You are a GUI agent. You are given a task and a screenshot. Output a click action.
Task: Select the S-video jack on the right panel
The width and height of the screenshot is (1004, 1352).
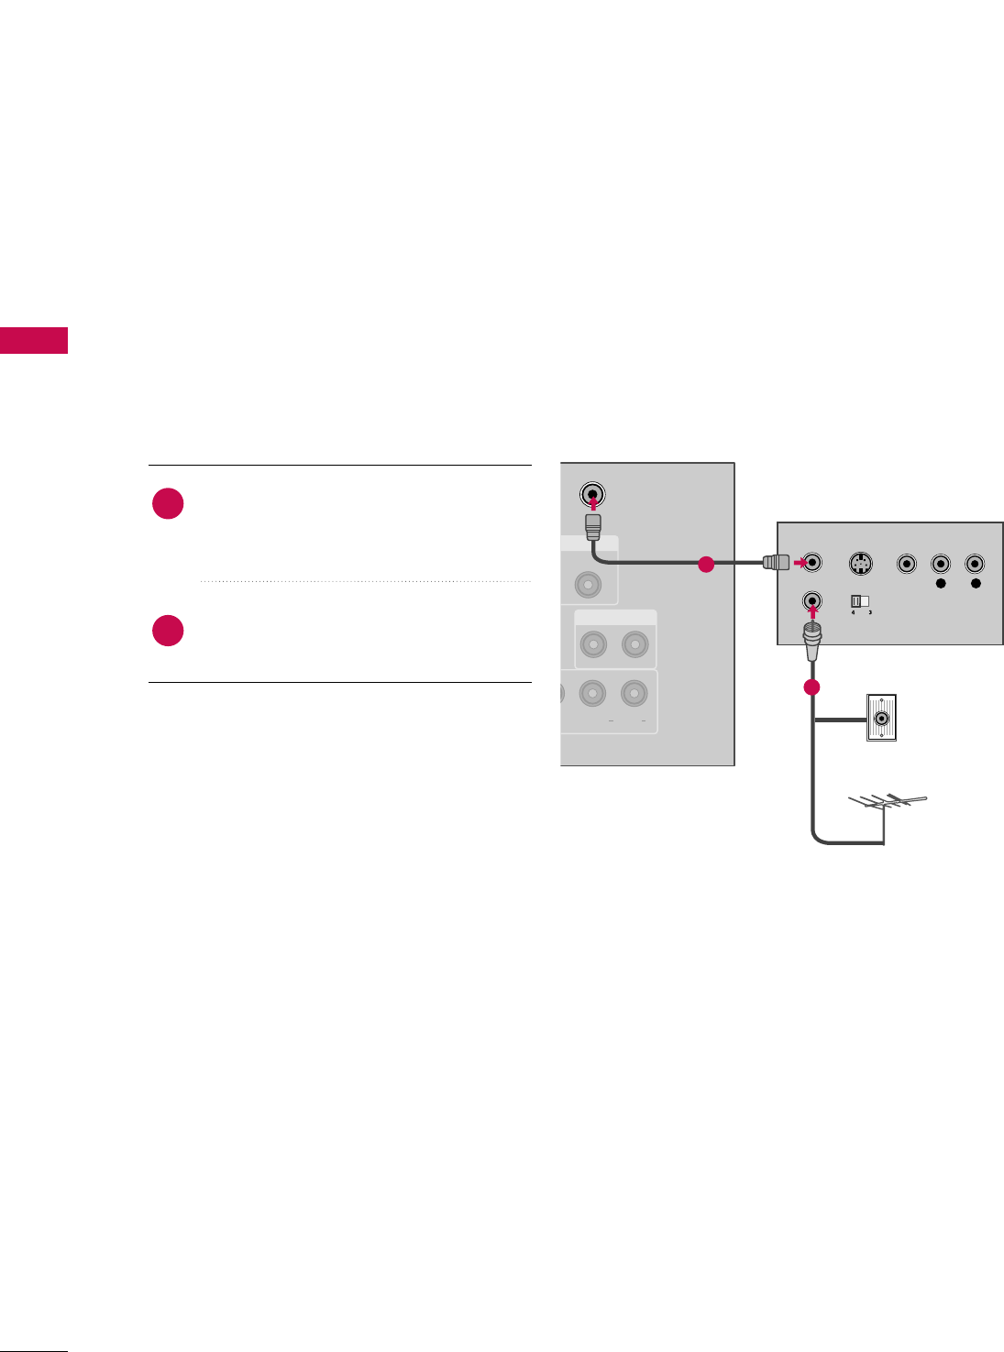coord(859,564)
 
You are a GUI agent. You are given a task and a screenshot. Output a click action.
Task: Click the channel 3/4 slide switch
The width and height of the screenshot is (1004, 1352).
coord(859,602)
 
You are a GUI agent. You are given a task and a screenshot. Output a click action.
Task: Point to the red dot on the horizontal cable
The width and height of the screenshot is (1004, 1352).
coord(705,565)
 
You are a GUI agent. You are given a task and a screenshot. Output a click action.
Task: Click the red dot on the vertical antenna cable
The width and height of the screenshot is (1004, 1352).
coord(811,687)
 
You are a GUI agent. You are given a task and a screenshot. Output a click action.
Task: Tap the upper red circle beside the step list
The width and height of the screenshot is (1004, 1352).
coord(168,504)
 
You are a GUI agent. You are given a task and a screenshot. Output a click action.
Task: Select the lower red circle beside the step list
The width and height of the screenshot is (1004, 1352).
coord(168,631)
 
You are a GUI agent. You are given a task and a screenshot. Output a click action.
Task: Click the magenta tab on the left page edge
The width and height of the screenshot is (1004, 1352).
coord(34,339)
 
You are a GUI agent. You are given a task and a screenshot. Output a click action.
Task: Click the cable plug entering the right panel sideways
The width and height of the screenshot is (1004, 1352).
coord(776,563)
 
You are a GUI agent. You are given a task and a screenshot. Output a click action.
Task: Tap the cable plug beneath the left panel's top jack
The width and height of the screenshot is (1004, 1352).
coord(593,526)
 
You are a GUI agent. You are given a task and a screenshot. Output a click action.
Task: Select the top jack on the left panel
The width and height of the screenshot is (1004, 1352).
coord(593,495)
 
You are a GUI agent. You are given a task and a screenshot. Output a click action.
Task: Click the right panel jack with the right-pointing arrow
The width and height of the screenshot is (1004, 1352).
coord(811,563)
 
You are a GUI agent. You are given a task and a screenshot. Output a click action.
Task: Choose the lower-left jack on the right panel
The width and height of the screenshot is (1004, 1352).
coord(811,601)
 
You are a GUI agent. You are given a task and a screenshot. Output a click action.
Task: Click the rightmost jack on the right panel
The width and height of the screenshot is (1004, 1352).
coord(976,564)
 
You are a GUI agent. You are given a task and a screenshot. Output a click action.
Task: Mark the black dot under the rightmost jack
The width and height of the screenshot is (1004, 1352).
coord(976,583)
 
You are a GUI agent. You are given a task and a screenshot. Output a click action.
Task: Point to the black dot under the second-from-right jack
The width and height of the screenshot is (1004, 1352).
coord(941,583)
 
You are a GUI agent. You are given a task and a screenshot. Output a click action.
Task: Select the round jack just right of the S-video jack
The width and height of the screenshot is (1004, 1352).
coord(907,564)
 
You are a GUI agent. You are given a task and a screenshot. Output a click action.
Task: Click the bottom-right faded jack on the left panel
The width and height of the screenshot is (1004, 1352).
coord(634,693)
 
